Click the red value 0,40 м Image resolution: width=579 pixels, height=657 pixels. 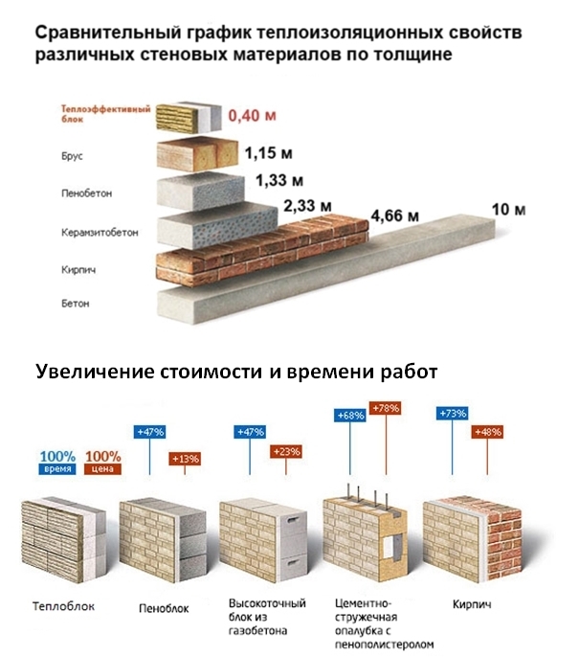252,116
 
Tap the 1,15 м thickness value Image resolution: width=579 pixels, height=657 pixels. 268,153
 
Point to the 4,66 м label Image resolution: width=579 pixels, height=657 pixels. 395,215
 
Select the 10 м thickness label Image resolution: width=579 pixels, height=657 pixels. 508,209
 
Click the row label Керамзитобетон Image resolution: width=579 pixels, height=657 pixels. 100,233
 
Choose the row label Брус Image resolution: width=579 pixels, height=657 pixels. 72,156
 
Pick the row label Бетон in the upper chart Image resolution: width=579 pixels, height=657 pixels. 76,303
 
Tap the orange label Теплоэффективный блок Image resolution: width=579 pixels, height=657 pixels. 105,114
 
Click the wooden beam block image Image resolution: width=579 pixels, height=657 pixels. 197,154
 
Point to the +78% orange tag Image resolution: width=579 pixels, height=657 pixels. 385,408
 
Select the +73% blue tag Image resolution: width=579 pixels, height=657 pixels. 452,414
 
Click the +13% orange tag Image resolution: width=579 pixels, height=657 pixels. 185,459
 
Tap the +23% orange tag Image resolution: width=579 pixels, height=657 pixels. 286,452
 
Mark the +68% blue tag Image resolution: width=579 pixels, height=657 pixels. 350,416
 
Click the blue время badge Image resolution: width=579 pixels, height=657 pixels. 57,469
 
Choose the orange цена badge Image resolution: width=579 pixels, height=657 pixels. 102,469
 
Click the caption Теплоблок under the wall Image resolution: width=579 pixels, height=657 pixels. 63,606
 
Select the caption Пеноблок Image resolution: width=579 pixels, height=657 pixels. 164,608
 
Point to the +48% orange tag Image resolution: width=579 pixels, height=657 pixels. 487,432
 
